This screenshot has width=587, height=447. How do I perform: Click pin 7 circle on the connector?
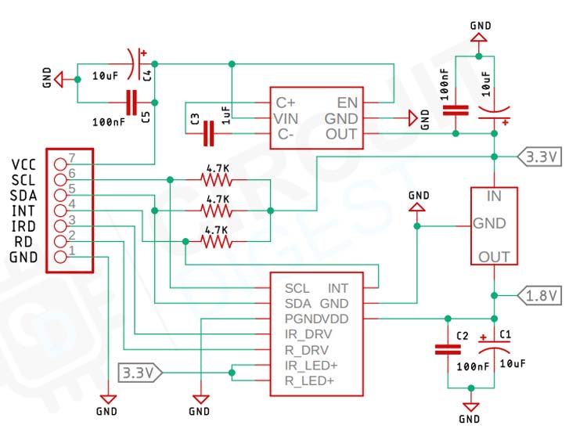[60, 164]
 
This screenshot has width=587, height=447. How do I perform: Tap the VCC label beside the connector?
[23, 164]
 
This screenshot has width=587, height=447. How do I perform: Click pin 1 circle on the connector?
[60, 257]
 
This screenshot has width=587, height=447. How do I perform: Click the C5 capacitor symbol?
[131, 101]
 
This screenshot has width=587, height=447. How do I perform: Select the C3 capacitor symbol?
[208, 135]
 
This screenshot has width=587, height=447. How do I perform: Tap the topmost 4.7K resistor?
[217, 179]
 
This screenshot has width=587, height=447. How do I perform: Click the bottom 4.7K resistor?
[217, 242]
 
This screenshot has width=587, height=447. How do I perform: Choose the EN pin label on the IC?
[348, 103]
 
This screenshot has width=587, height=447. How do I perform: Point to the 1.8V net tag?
[540, 295]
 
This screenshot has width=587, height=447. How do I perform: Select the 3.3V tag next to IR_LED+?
[139, 371]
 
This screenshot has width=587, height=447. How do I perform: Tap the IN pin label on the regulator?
[494, 196]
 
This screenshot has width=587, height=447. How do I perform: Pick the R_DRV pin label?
[307, 350]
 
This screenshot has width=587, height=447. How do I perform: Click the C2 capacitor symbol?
[447, 350]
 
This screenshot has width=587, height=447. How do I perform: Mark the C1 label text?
[505, 336]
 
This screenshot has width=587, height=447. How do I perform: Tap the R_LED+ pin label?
[309, 381]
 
